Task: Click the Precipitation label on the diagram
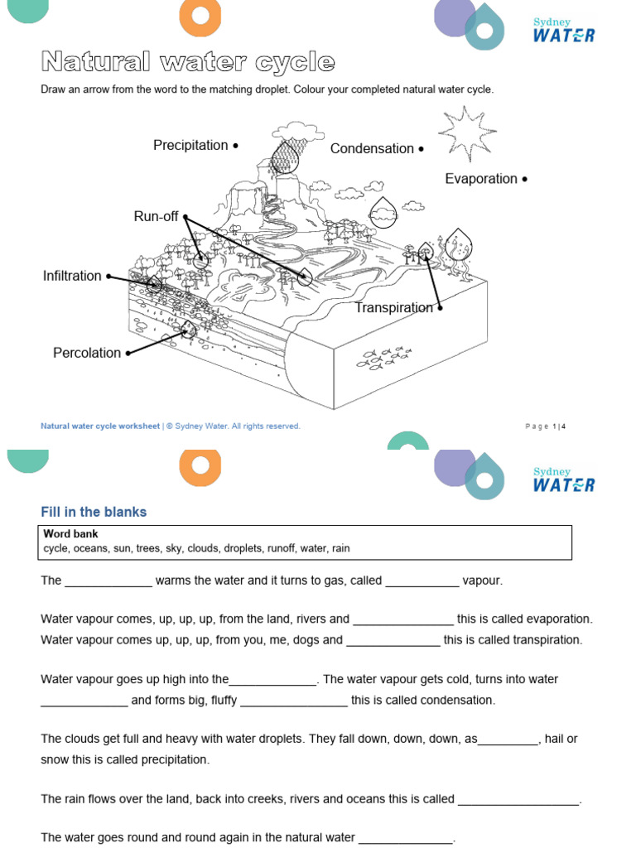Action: pyautogui.click(x=190, y=146)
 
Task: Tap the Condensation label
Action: pyautogui.click(x=372, y=149)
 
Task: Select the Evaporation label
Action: pyautogui.click(x=481, y=179)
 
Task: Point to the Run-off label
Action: pyautogui.click(x=156, y=217)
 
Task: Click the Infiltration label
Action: pyautogui.click(x=72, y=277)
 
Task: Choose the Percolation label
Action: pyautogui.click(x=87, y=353)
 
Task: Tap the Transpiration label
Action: pyautogui.click(x=393, y=308)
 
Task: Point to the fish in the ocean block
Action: pyautogui.click(x=385, y=357)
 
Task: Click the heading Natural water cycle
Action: pyautogui.click(x=188, y=62)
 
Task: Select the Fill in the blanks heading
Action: pyautogui.click(x=94, y=512)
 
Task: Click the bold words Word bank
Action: pyautogui.click(x=71, y=534)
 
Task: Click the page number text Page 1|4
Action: pyautogui.click(x=546, y=426)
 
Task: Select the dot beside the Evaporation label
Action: pyautogui.click(x=525, y=179)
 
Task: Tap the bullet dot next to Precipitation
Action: pyautogui.click(x=235, y=146)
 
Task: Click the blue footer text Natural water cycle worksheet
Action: pyautogui.click(x=100, y=426)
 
